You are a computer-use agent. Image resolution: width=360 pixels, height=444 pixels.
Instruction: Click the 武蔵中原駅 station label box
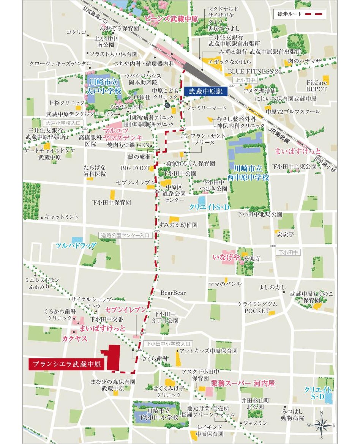pyautogui.click(x=205, y=91)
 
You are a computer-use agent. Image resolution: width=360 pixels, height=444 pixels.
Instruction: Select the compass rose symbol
pyautogui.click(x=321, y=425)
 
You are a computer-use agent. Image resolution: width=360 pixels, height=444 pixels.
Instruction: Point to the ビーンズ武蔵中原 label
pyautogui.click(x=171, y=18)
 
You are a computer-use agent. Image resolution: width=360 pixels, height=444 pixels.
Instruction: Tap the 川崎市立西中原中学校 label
pyautogui.click(x=251, y=173)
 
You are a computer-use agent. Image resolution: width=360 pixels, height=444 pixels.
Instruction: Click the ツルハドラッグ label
pyautogui.click(x=76, y=246)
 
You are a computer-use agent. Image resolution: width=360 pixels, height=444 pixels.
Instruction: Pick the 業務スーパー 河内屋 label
pyautogui.click(x=243, y=384)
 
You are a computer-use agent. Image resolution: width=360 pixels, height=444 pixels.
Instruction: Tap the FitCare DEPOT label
pyautogui.click(x=317, y=86)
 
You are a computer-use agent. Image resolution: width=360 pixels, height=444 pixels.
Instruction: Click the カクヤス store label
pyautogui.click(x=74, y=339)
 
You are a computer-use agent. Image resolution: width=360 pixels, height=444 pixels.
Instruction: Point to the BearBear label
pyautogui.click(x=173, y=293)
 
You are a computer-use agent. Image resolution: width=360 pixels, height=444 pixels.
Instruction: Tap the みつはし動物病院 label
pyautogui.click(x=292, y=415)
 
